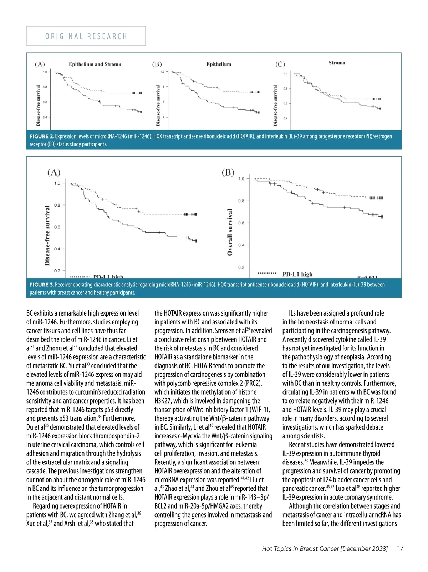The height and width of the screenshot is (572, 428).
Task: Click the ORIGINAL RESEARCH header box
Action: click(x=86, y=36)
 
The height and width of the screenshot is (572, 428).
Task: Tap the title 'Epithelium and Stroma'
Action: click(x=95, y=64)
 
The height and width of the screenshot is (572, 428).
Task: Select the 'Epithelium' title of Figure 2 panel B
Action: click(x=219, y=64)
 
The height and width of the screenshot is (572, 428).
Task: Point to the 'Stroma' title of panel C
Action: click(x=337, y=63)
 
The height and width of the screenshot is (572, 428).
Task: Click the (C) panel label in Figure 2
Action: click(x=280, y=64)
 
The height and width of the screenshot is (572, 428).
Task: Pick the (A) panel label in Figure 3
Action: click(x=54, y=173)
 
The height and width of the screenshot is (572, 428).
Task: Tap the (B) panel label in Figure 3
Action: click(x=228, y=173)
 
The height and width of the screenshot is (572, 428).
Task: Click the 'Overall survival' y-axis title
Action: click(x=230, y=232)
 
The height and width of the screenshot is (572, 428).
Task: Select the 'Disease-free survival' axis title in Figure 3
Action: click(x=47, y=235)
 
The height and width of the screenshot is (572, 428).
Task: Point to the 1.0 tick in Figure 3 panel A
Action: click(x=57, y=183)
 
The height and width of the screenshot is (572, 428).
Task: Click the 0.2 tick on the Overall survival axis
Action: click(x=241, y=267)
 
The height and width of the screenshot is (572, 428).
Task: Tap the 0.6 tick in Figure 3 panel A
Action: click(x=57, y=227)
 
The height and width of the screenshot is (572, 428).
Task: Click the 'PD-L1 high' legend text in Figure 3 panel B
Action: click(x=297, y=274)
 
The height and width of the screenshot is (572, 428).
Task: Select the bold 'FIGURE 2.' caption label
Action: click(x=42, y=136)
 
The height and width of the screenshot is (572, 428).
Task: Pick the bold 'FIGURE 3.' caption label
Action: click(x=42, y=285)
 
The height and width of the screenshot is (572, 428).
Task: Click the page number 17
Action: click(x=400, y=548)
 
